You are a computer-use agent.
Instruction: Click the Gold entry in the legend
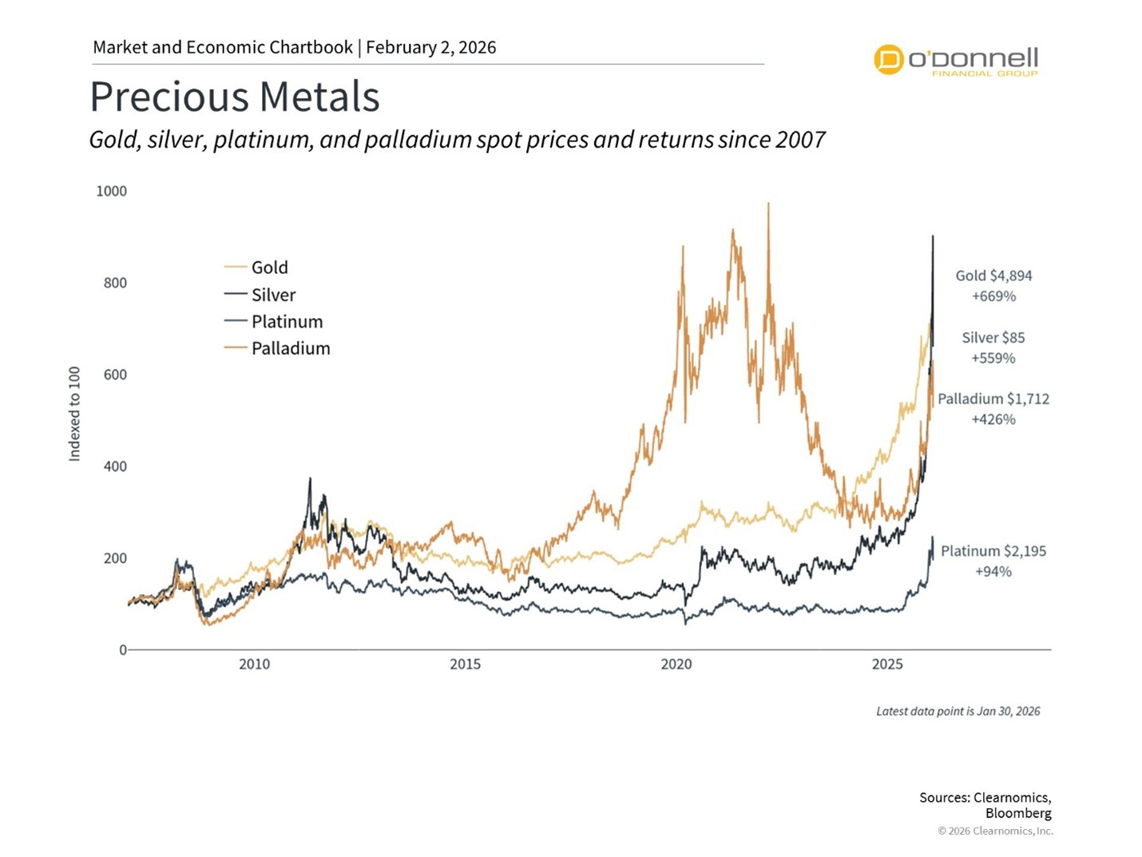click(x=269, y=268)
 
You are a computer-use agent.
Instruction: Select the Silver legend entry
click(x=273, y=295)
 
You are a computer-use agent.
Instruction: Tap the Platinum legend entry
click(x=287, y=322)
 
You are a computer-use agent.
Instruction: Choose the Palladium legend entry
click(x=290, y=348)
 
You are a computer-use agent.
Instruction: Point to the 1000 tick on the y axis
click(x=112, y=191)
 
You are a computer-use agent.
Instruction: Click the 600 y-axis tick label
click(x=115, y=375)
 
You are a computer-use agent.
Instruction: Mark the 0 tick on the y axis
click(x=123, y=650)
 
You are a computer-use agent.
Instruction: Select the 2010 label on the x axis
click(x=254, y=665)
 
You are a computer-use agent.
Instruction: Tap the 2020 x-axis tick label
click(x=676, y=665)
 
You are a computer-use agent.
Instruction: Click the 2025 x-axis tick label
click(x=887, y=665)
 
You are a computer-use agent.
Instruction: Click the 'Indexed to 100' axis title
click(x=75, y=414)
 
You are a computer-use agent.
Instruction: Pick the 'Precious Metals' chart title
click(x=234, y=97)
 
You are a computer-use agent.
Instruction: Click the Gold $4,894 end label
click(x=993, y=276)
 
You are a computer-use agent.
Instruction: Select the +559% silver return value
click(x=993, y=359)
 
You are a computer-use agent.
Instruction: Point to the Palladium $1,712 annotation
click(x=993, y=399)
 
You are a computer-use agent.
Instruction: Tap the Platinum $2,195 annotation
click(x=993, y=551)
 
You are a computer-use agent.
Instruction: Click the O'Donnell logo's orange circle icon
click(x=888, y=60)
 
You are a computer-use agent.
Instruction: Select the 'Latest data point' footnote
click(x=958, y=711)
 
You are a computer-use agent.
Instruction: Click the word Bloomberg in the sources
click(x=1018, y=813)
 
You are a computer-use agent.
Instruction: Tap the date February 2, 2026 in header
click(x=431, y=47)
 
